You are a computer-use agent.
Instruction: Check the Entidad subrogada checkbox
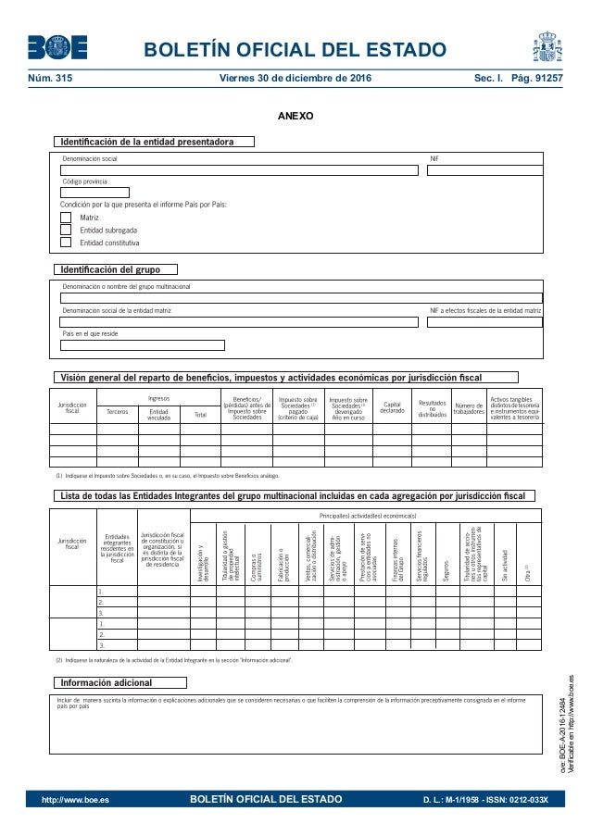click(65, 230)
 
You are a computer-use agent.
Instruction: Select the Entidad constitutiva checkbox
click(65, 243)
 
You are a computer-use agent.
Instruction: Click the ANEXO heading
click(295, 118)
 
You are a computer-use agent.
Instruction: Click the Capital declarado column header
click(393, 407)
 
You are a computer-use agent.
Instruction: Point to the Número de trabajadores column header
click(469, 408)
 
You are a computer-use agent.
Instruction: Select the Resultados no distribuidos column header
click(432, 408)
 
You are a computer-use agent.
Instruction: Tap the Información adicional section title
click(119, 683)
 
